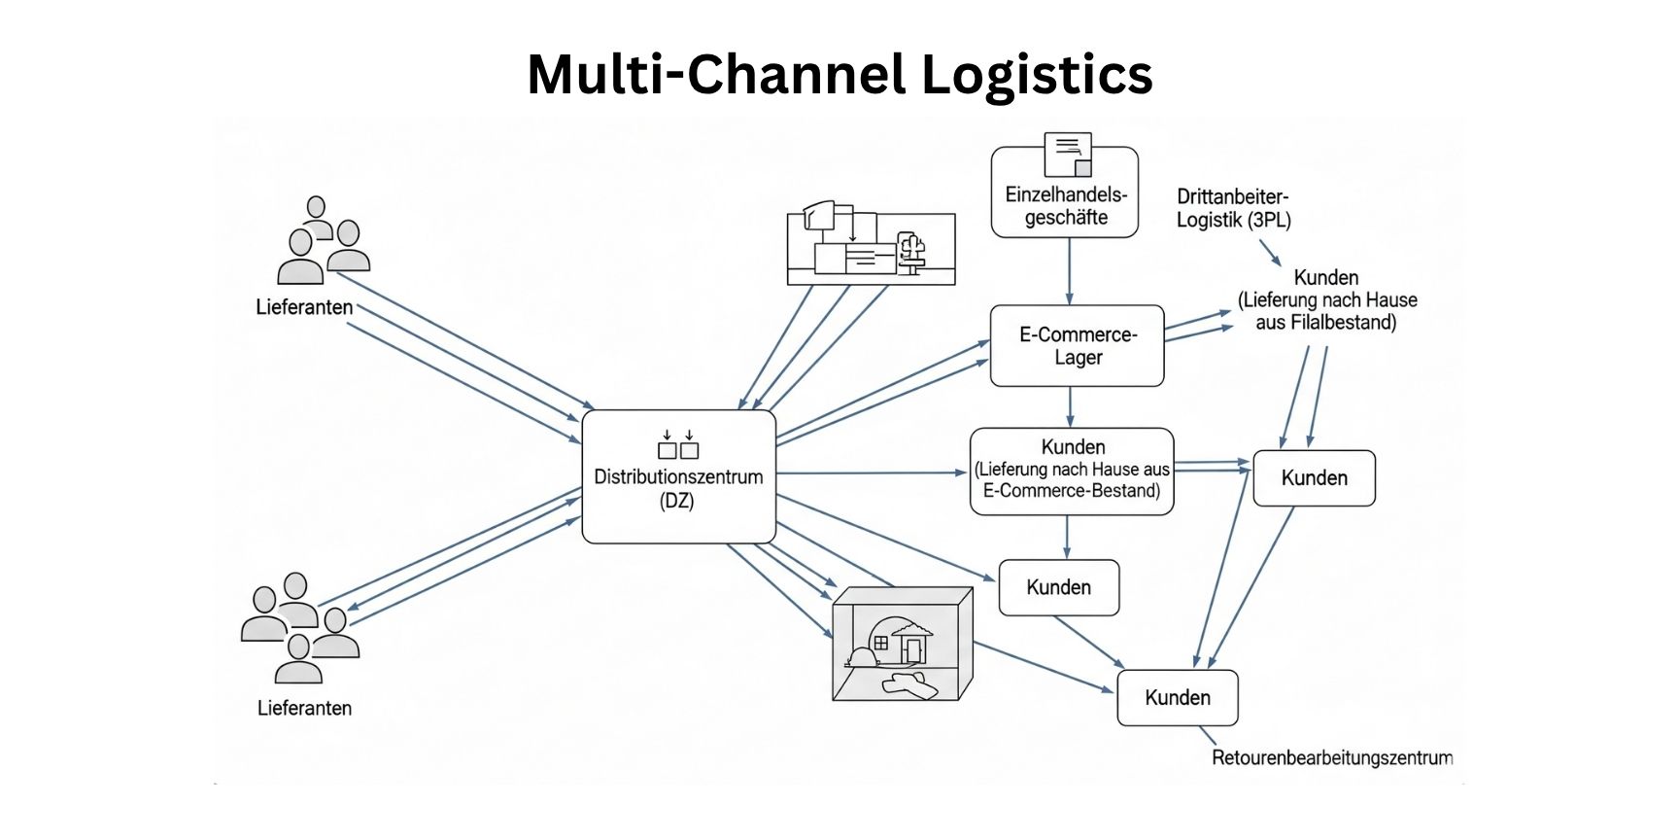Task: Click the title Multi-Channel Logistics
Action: tap(839, 74)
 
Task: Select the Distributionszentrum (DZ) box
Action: tap(678, 476)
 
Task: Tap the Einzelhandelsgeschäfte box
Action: tap(1065, 205)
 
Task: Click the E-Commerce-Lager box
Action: tap(1077, 346)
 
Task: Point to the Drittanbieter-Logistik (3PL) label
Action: tap(1233, 209)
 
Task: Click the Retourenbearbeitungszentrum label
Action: tap(1331, 757)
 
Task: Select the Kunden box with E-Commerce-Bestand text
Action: tap(1072, 471)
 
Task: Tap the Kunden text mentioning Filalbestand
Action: tap(1326, 300)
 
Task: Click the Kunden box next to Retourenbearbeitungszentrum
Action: tap(1177, 698)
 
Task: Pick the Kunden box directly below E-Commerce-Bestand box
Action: tap(1058, 587)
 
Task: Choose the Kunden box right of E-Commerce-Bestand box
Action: tap(1314, 478)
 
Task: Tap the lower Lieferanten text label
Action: tap(304, 708)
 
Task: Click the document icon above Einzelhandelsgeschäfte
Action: tap(1068, 154)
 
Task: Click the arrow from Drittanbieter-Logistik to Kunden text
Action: tap(1271, 254)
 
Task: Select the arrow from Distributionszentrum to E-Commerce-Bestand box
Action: tap(874, 473)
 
